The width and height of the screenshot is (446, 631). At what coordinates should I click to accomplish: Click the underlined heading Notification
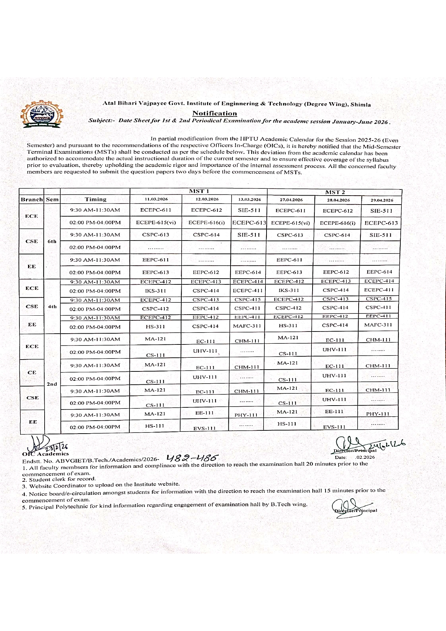coord(214,113)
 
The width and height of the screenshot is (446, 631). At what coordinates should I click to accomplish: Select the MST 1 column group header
coord(199,191)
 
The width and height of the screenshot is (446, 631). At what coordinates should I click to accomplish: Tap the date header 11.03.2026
coord(156,199)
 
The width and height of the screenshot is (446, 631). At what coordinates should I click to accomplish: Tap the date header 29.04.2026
coord(382,200)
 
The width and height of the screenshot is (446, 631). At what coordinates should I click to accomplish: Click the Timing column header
coord(95,199)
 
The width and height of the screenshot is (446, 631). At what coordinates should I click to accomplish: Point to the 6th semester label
coord(52,241)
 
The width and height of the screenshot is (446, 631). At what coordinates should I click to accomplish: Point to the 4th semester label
coord(52,306)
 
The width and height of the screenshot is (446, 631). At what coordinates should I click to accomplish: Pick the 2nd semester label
coord(52,384)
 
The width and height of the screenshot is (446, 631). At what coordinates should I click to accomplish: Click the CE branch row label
coord(32,372)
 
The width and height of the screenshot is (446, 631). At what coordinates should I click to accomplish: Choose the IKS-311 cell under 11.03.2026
coord(155,291)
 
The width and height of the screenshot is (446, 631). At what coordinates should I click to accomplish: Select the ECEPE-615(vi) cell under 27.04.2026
coord(290,223)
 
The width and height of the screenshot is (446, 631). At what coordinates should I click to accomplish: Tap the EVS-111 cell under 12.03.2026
coord(204,428)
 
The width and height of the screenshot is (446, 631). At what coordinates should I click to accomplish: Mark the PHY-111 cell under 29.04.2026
coord(378,414)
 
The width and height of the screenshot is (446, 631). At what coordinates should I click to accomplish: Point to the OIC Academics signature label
coord(45,454)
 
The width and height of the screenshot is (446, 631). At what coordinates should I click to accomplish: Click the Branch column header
coord(32,200)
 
